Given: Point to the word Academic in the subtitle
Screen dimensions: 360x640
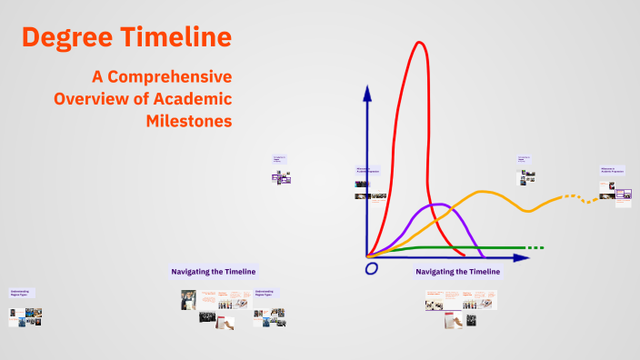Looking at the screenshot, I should tap(192, 98).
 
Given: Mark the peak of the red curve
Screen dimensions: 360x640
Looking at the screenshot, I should tap(420, 43).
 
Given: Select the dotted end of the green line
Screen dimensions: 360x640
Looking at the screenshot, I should tap(535, 247).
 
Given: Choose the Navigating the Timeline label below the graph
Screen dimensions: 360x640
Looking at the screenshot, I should tap(457, 272).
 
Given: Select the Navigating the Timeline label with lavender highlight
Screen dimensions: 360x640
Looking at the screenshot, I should tap(214, 271).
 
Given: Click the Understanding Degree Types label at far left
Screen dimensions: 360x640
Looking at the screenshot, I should tap(20, 294).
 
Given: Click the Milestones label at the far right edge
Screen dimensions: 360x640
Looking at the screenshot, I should tap(613, 169).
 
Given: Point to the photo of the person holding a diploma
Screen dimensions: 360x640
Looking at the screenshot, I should tap(188, 299).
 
